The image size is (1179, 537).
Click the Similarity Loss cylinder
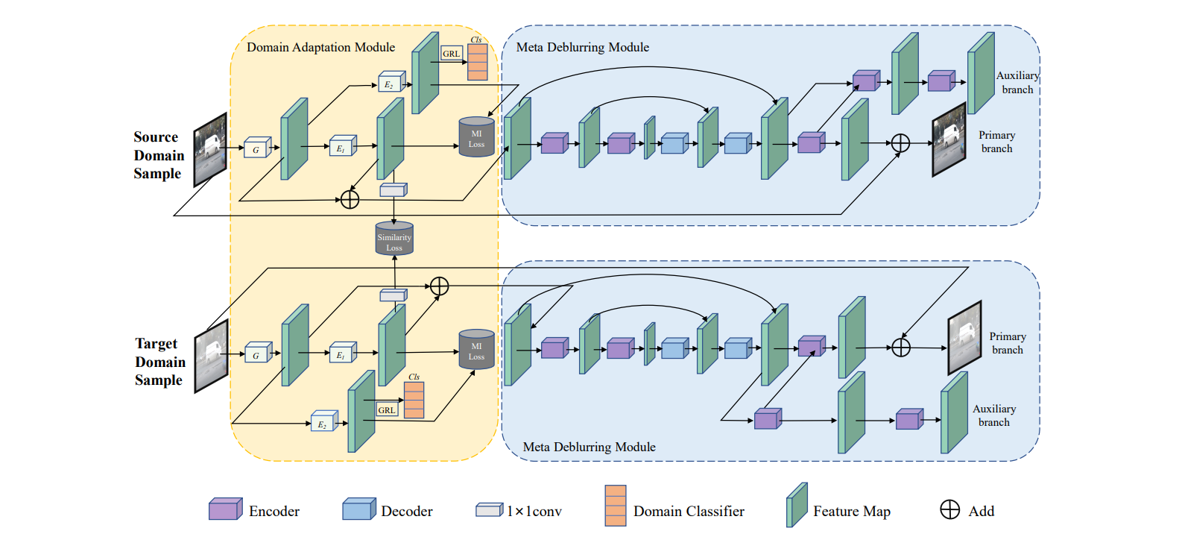pyautogui.click(x=394, y=239)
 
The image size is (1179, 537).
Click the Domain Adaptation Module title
pyautogui.click(x=320, y=47)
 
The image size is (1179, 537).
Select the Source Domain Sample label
pyautogui.click(x=158, y=155)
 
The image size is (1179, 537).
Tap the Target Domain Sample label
pyautogui.click(x=159, y=362)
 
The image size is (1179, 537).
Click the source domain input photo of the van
pyautogui.click(x=210, y=149)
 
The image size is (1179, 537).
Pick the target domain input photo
pyautogui.click(x=211, y=356)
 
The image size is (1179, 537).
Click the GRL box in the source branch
pyautogui.click(x=452, y=54)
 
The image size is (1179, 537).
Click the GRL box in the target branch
pyautogui.click(x=387, y=410)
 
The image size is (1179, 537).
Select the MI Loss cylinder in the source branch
pyautogui.click(x=476, y=137)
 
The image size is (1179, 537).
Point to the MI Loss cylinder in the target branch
pyautogui.click(x=476, y=350)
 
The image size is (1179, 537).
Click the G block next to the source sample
pyautogui.click(x=256, y=148)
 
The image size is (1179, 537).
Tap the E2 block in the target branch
pyautogui.click(x=323, y=422)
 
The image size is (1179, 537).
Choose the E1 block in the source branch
pyautogui.click(x=342, y=146)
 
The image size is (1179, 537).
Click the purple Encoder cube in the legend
pyautogui.click(x=225, y=509)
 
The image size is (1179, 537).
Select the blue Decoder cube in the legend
pyautogui.click(x=358, y=509)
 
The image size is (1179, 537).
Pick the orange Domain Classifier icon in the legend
pyautogui.click(x=616, y=506)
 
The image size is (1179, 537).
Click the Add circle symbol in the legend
pyautogui.click(x=949, y=509)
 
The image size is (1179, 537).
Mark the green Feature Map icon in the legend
pyautogui.click(x=797, y=506)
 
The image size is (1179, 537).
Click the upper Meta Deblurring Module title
pyautogui.click(x=582, y=47)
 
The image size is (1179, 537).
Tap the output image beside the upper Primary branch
pyautogui.click(x=949, y=139)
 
